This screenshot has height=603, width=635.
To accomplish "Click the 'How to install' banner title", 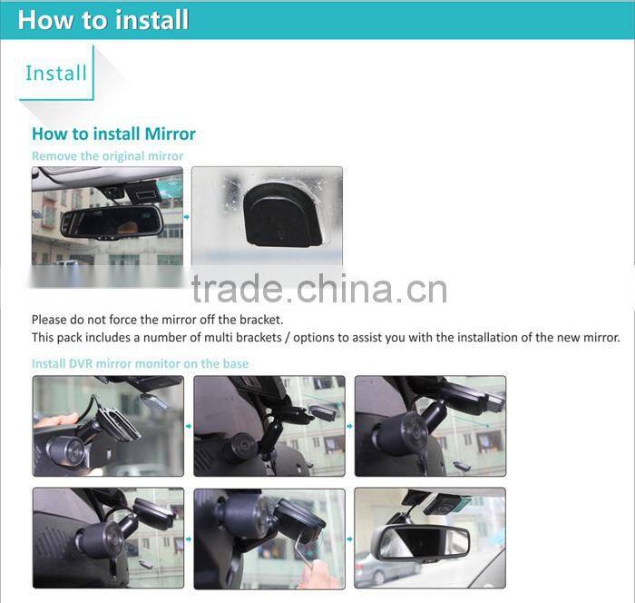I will (x=103, y=20).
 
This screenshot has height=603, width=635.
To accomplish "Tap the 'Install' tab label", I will (x=56, y=73).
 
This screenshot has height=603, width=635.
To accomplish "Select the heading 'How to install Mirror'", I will (x=113, y=133).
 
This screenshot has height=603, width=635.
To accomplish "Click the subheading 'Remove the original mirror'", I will (x=107, y=156).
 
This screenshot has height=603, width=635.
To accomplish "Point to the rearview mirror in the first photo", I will (x=111, y=221).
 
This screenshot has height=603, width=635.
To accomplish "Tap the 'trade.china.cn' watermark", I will (x=318, y=289).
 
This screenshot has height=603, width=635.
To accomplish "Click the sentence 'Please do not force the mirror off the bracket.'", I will (x=158, y=320).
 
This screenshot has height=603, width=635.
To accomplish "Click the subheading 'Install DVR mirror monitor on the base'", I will (x=140, y=363).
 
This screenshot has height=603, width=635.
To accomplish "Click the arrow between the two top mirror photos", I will (x=187, y=216).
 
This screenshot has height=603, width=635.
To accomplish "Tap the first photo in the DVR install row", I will (x=108, y=426).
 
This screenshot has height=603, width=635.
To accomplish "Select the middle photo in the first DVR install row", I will (x=269, y=426).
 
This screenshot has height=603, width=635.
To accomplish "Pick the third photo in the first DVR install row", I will (x=430, y=426).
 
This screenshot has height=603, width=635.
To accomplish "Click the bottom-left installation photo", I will (x=108, y=538).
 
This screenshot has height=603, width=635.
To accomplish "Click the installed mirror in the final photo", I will (x=421, y=541).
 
